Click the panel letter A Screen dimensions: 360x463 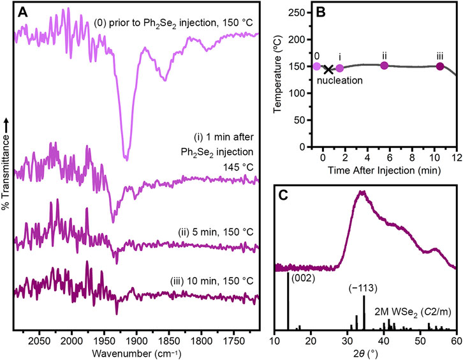(x=22, y=11)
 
